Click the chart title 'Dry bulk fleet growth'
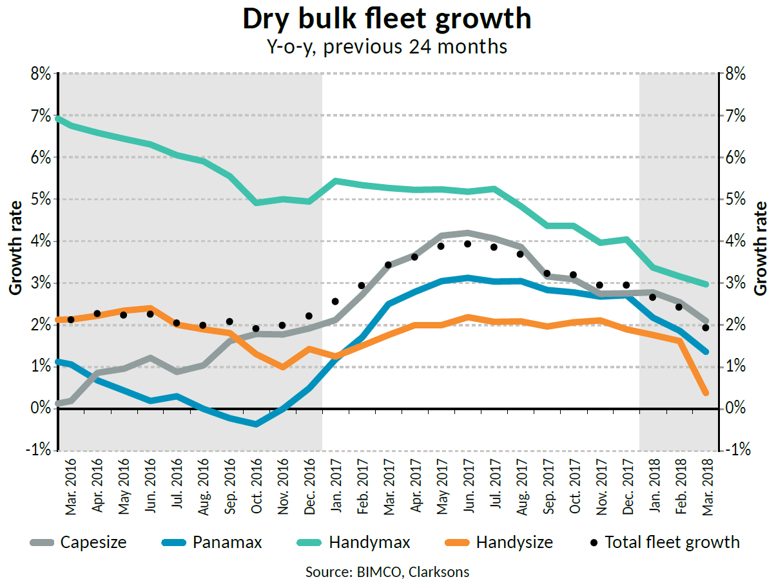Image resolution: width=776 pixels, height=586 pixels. (387, 19)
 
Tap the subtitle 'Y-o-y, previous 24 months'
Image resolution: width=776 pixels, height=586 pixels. (387, 47)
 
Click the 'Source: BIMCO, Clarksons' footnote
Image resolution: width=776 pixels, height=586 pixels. (387, 572)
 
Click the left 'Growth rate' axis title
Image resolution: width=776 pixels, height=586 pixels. (15, 248)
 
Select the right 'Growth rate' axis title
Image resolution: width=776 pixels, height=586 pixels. (761, 248)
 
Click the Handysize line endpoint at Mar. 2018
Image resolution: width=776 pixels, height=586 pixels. (705, 393)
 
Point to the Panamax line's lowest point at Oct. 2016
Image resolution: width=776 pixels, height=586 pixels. (257, 424)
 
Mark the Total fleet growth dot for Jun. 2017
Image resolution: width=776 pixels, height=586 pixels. (468, 243)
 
